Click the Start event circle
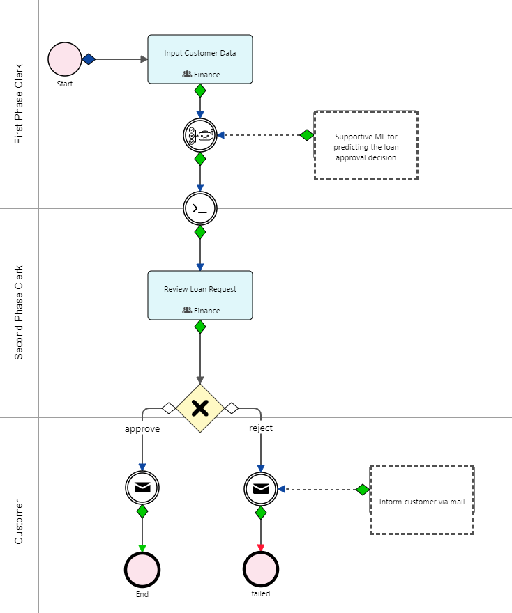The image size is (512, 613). [65, 59]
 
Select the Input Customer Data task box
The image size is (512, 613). [200, 59]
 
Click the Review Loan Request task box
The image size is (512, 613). [200, 295]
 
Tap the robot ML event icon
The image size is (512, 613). [200, 135]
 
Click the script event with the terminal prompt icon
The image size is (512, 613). [200, 207]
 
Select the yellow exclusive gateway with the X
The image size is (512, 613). [200, 408]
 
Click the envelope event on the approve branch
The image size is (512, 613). [142, 488]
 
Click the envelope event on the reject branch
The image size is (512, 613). [261, 488]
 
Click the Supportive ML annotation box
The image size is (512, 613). [366, 146]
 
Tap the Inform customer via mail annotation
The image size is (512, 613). [421, 500]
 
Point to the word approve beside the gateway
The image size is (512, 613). [142, 428]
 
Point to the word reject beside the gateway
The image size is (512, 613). [261, 428]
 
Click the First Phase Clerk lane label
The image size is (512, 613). [19, 104]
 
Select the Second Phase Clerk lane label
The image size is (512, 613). [19, 312]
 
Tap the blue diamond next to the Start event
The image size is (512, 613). [89, 59]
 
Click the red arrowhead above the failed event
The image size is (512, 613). [261, 548]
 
